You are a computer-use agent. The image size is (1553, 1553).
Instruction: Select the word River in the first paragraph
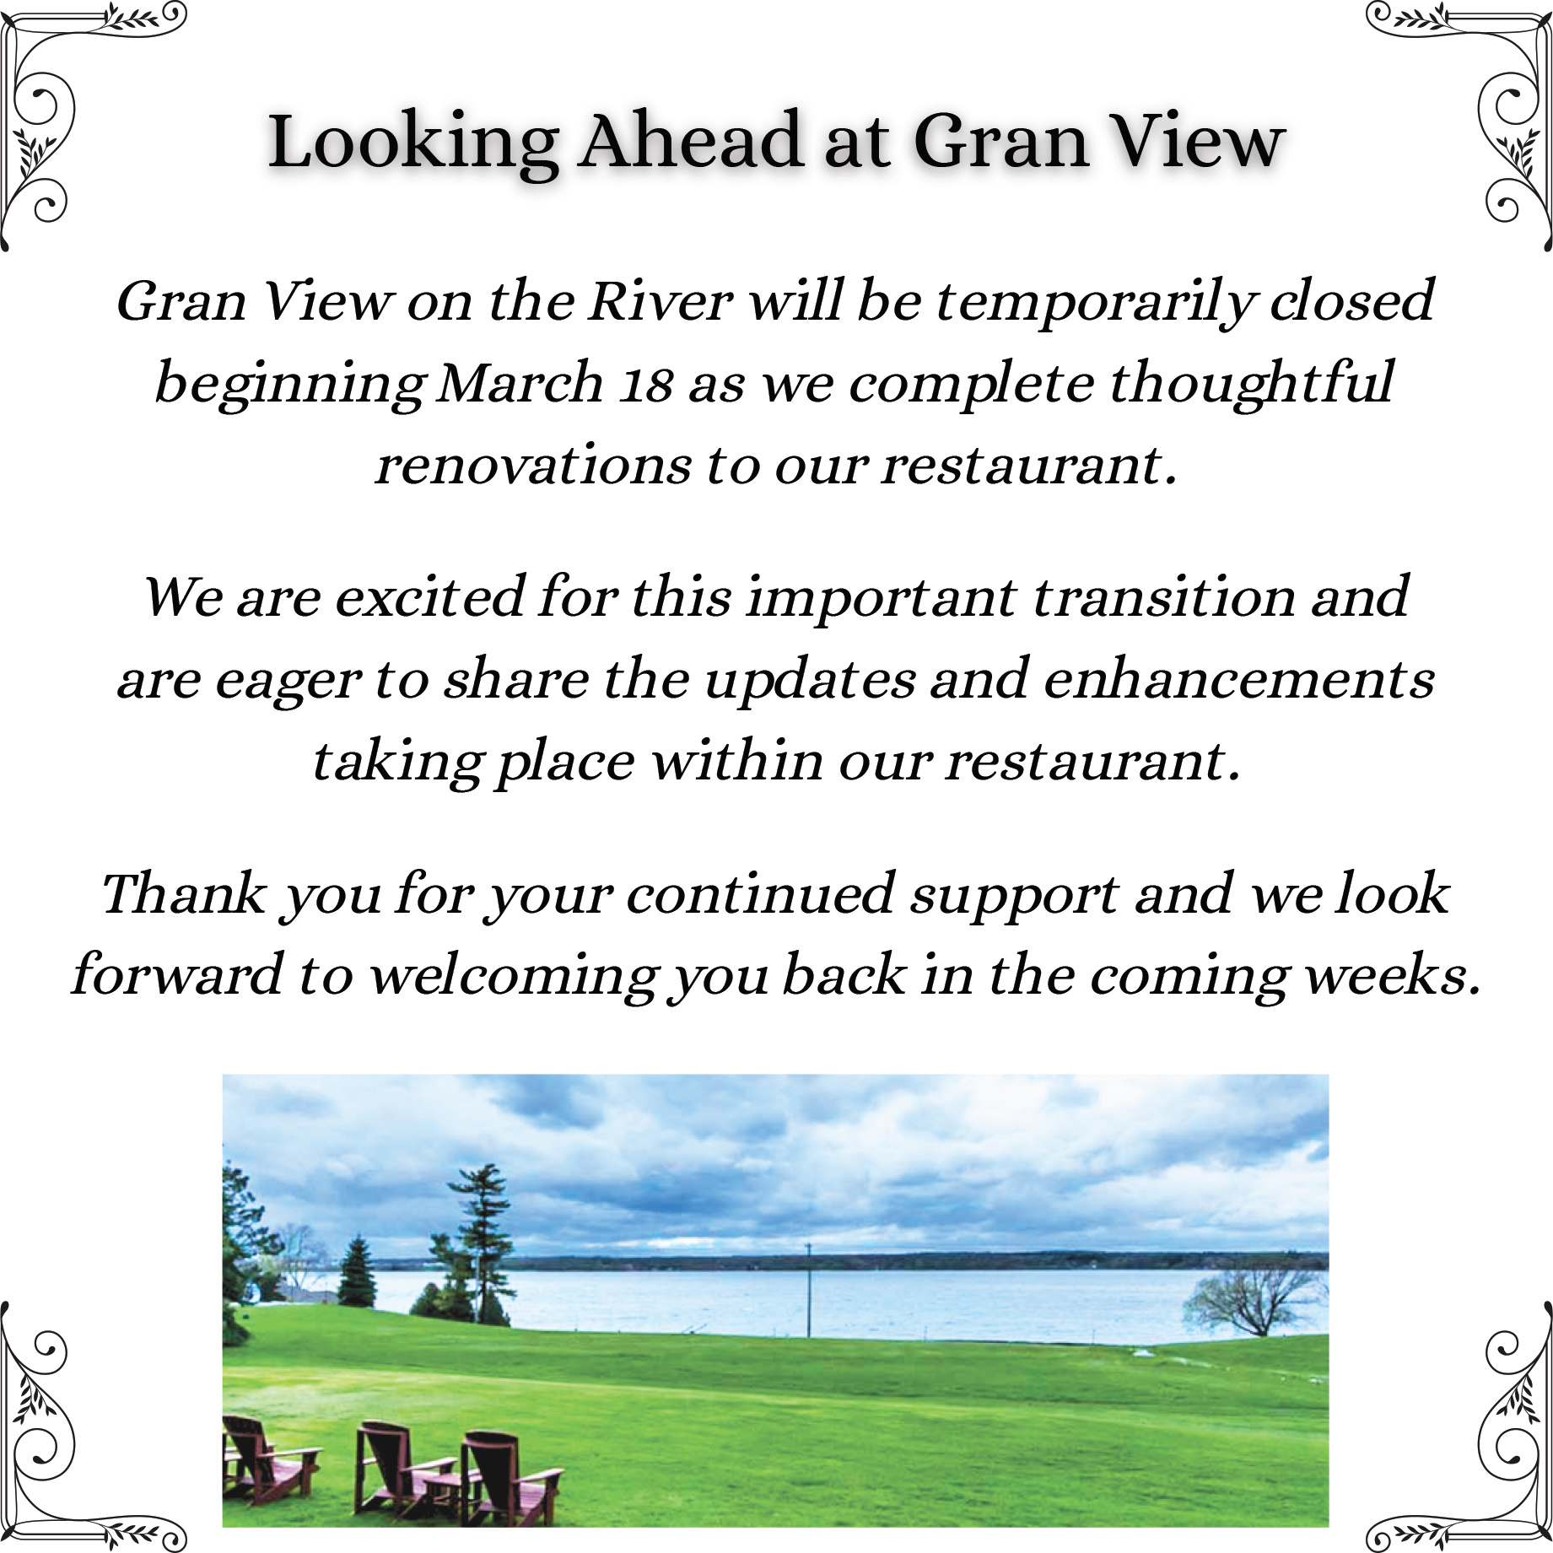(661, 300)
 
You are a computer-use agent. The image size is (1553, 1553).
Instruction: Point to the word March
(521, 383)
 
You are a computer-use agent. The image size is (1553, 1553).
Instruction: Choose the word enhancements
(1238, 680)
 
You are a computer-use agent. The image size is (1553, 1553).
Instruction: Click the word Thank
(183, 894)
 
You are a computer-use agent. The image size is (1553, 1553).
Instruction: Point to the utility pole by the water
(808, 1290)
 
